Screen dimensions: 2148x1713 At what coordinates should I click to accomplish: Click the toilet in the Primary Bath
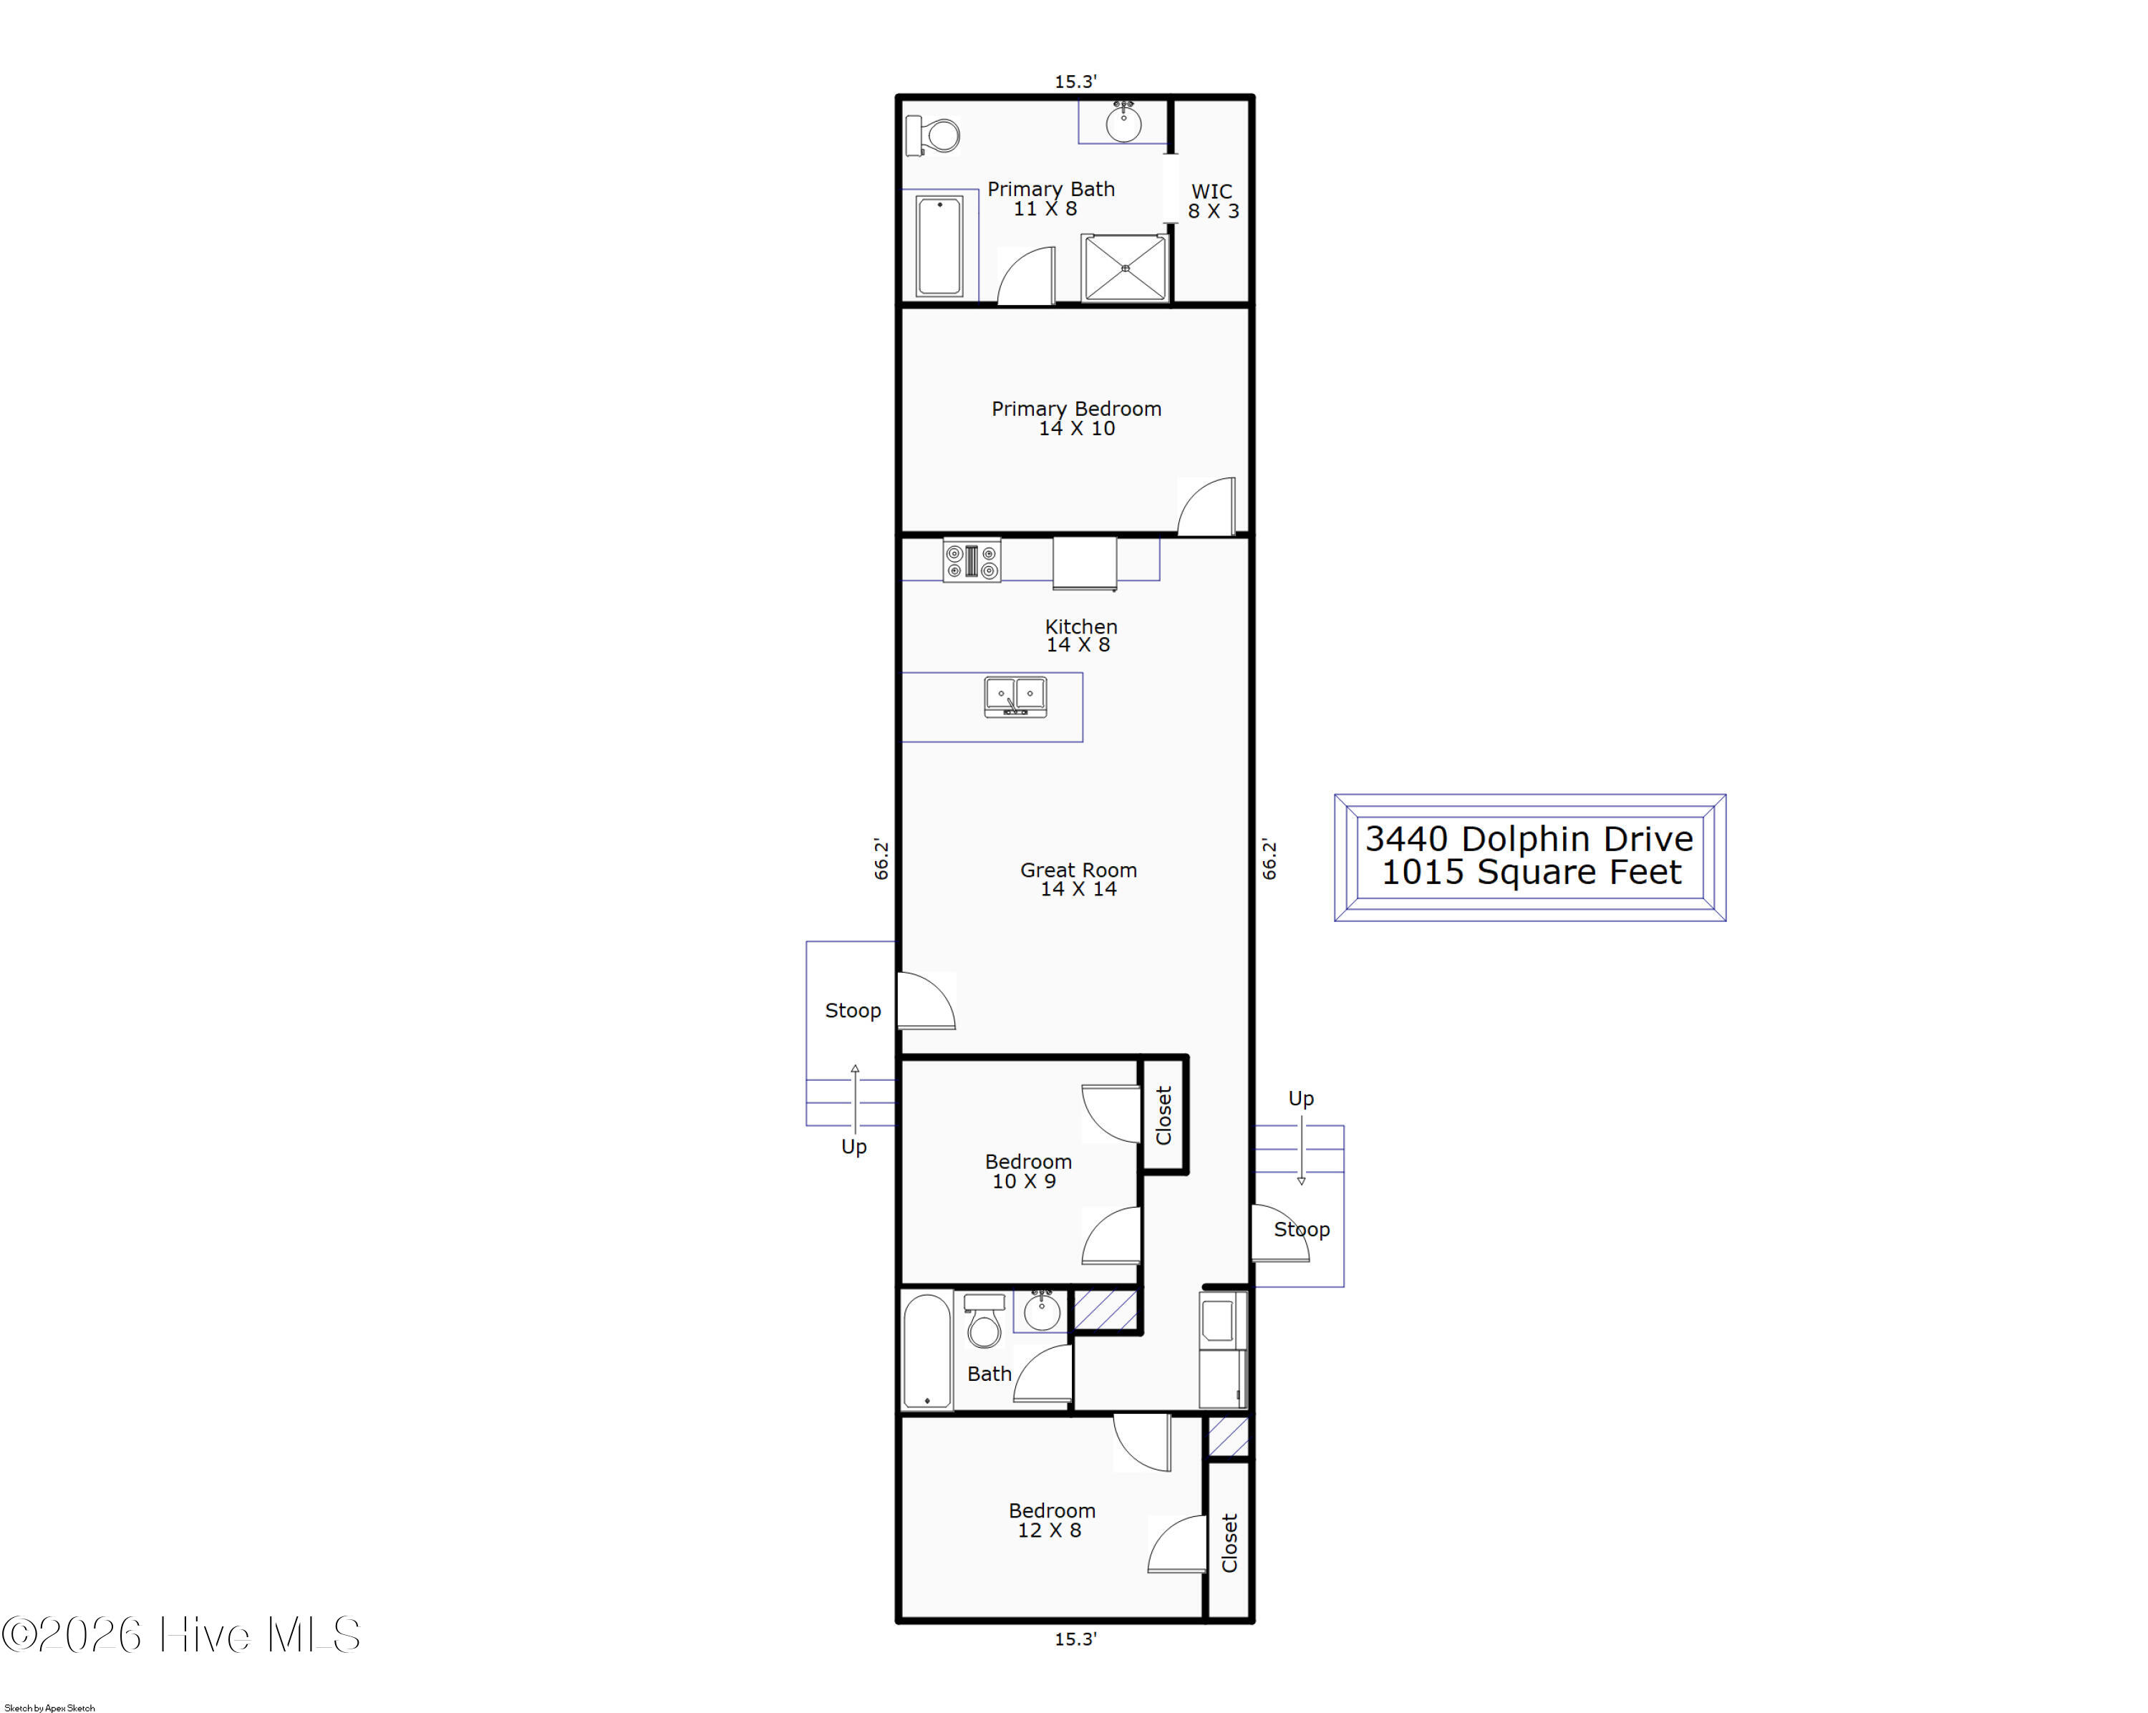tap(932, 135)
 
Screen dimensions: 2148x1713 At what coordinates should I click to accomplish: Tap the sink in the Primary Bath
tap(1124, 124)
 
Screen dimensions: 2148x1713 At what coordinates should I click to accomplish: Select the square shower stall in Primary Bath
tap(1125, 267)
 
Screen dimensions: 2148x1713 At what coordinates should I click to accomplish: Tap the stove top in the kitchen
tap(972, 561)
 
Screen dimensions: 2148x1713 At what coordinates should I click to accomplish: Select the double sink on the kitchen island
tap(1015, 697)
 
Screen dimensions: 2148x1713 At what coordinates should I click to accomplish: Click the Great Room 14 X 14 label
tap(1078, 878)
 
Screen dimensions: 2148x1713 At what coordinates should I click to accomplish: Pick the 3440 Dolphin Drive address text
tap(1529, 838)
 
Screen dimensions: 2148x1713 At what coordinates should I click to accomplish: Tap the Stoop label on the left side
tap(853, 1010)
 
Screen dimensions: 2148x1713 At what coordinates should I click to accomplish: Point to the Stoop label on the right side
tap(1301, 1229)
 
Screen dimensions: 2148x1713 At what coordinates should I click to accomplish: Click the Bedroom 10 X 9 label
tap(1027, 1170)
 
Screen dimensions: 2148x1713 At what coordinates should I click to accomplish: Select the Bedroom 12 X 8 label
tap(1051, 1520)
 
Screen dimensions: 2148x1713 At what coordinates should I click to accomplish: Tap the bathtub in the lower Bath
tap(927, 1352)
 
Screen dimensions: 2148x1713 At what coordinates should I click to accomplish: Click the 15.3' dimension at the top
tap(1076, 82)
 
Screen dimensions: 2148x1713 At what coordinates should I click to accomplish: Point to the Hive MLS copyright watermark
tap(180, 1635)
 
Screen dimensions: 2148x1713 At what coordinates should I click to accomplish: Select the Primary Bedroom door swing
tap(1206, 506)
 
